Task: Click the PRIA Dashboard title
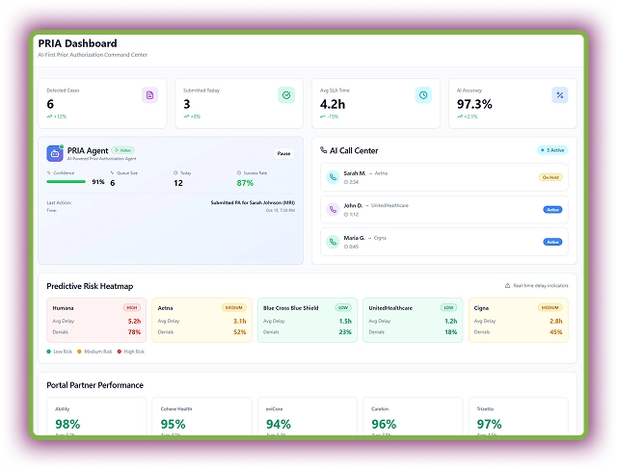[x=77, y=43]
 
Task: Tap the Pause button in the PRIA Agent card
[x=283, y=153]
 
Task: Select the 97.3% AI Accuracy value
[x=474, y=104]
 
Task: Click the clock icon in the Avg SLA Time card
[x=422, y=94]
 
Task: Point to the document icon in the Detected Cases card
[x=149, y=94]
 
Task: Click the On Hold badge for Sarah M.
[x=551, y=177]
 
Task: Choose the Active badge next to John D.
[x=552, y=209]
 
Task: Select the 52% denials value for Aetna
[x=239, y=332]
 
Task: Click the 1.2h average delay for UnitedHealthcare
[x=450, y=321]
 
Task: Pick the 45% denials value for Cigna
[x=555, y=332]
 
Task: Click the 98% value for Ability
[x=67, y=424]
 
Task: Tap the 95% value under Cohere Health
[x=173, y=424]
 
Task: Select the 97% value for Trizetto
[x=489, y=424]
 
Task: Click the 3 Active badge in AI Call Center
[x=551, y=150]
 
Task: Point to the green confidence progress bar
[x=66, y=181]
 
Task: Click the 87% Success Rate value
[x=245, y=183]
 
